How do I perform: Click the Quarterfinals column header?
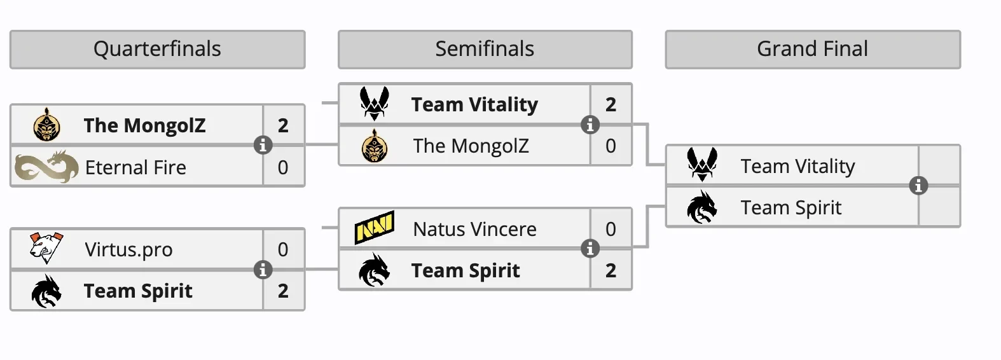point(157,49)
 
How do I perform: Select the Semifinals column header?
point(485,49)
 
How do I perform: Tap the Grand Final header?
point(812,49)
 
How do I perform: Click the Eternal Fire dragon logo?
point(46,167)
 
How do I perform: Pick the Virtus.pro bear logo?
point(46,249)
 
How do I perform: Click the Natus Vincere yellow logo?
point(375,228)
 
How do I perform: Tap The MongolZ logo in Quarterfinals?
point(46,125)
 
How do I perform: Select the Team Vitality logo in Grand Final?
point(702,165)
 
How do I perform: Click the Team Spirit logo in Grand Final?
point(702,207)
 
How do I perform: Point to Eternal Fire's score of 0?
point(283,167)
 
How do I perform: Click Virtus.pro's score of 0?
point(283,249)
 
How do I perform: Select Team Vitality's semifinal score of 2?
point(611,104)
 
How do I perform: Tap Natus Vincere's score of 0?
point(611,229)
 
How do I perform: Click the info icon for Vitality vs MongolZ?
point(590,125)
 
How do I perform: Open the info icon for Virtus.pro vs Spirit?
point(263,270)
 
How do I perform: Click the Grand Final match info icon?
point(918,186)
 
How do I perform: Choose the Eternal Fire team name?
point(135,167)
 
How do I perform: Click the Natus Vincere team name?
point(474,229)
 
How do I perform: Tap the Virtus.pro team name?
point(128,249)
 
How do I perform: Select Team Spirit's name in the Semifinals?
point(466,270)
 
